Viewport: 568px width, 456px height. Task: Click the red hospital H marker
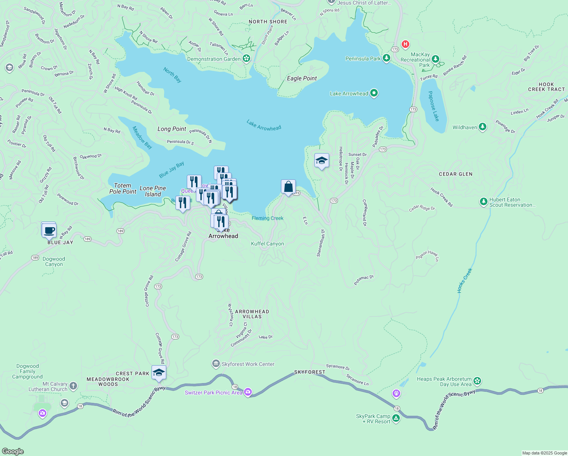click(x=405, y=44)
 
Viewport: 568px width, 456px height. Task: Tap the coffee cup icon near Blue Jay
click(x=49, y=230)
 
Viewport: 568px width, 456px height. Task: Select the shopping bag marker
click(x=288, y=187)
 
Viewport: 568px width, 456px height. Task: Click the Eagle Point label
click(x=302, y=78)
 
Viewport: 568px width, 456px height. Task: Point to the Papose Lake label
click(x=433, y=106)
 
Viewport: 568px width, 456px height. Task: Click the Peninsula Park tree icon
click(x=386, y=58)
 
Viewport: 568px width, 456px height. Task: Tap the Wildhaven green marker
click(x=482, y=127)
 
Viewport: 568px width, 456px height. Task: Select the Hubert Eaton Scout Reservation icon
click(x=483, y=202)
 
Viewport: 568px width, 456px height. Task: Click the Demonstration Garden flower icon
click(x=246, y=59)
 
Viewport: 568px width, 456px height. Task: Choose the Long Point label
click(x=172, y=129)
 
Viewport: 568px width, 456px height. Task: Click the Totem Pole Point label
click(x=123, y=188)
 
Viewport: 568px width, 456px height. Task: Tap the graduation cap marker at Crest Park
click(x=159, y=373)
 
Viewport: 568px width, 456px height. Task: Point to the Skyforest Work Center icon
click(x=216, y=364)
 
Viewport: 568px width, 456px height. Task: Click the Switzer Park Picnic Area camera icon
click(x=248, y=392)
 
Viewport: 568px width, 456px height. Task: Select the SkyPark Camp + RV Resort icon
click(x=396, y=418)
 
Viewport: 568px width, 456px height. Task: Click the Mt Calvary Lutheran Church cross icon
click(x=73, y=386)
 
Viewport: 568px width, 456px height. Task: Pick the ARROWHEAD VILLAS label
click(x=252, y=314)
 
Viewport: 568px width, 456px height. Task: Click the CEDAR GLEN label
click(x=456, y=174)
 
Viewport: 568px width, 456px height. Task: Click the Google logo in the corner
click(x=13, y=451)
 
